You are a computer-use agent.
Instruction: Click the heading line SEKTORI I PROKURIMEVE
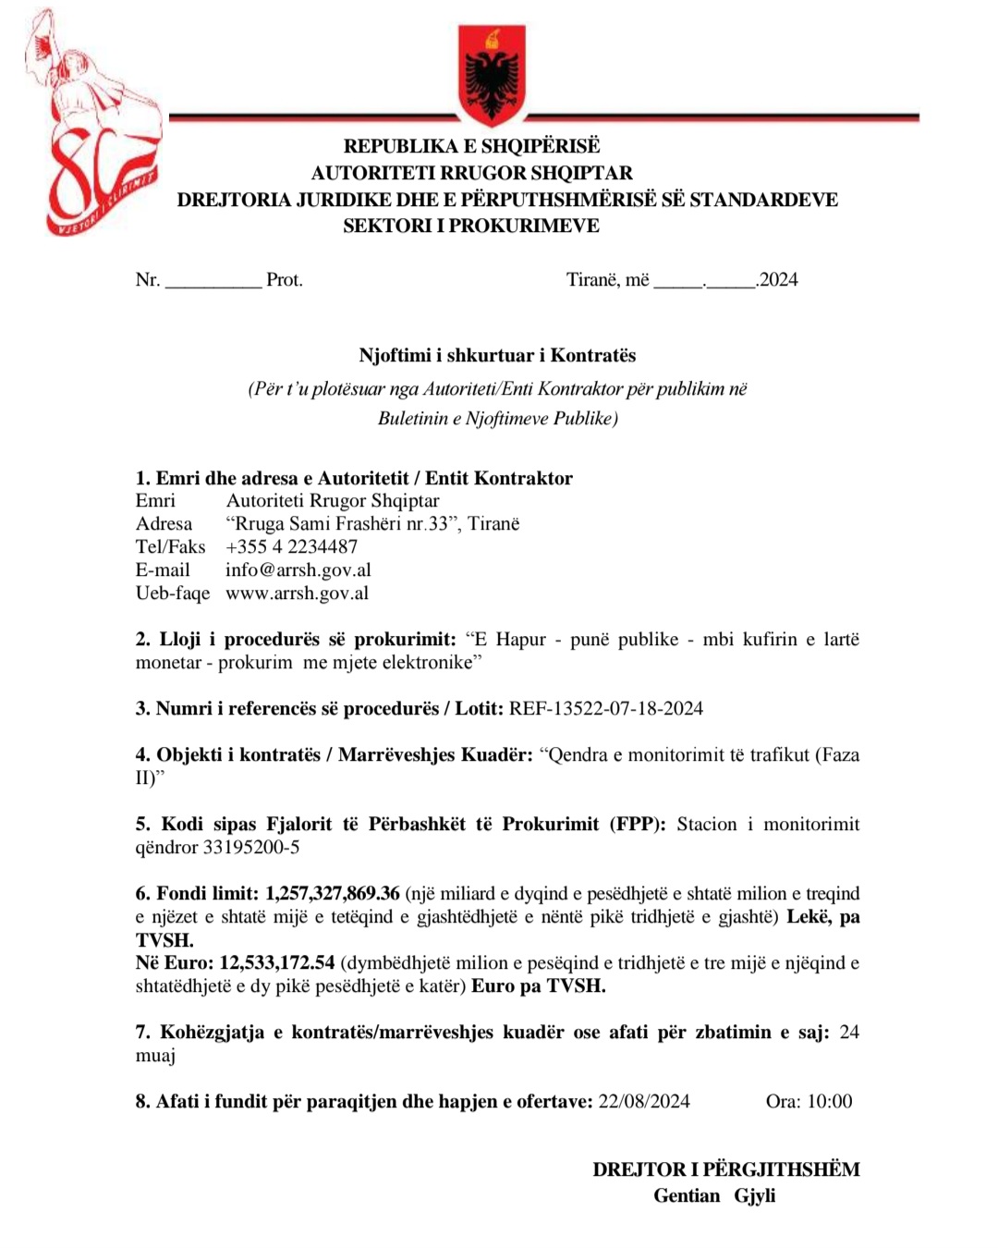point(471,226)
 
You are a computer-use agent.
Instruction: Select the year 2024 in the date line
point(779,280)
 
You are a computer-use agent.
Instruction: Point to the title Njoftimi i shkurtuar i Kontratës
point(497,355)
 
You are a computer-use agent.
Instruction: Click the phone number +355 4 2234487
point(291,546)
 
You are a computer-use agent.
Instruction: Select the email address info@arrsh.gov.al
point(298,569)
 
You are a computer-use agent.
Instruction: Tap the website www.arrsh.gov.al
point(297,593)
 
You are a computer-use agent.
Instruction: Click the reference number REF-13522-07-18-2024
point(606,708)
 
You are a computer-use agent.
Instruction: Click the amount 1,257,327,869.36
point(333,893)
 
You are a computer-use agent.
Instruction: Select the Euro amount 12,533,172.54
point(277,962)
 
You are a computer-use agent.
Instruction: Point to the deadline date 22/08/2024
point(644,1101)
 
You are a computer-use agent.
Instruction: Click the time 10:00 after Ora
point(830,1101)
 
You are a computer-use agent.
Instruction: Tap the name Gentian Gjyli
point(714,1195)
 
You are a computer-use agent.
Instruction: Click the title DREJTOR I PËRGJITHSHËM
point(726,1169)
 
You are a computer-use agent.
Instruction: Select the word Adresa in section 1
point(164,523)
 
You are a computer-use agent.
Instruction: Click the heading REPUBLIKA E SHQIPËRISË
point(471,146)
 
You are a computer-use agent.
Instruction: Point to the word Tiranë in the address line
point(493,523)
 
